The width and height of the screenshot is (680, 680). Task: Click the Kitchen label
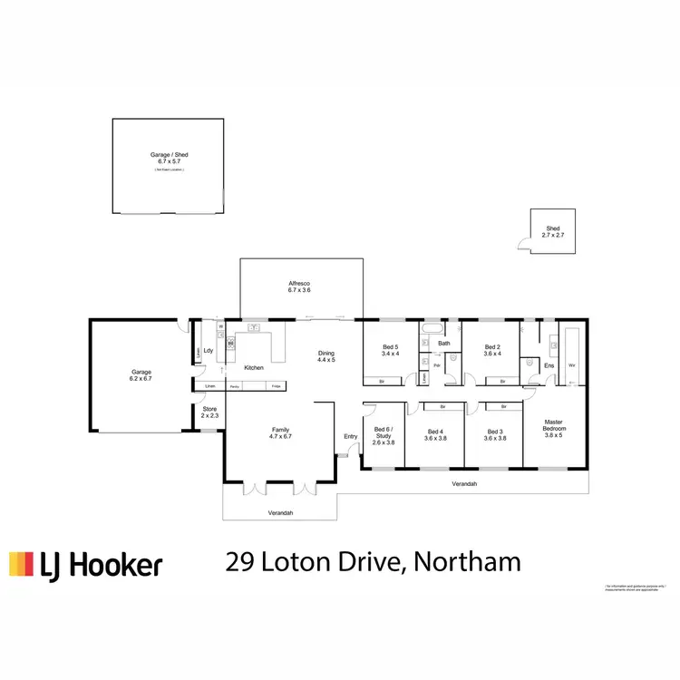(254, 367)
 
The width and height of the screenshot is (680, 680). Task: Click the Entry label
(351, 437)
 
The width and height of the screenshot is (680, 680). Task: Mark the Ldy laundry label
(208, 351)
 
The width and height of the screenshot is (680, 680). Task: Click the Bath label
(444, 344)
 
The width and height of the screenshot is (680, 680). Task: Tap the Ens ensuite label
(549, 365)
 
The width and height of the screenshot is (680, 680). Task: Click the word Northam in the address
(468, 562)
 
